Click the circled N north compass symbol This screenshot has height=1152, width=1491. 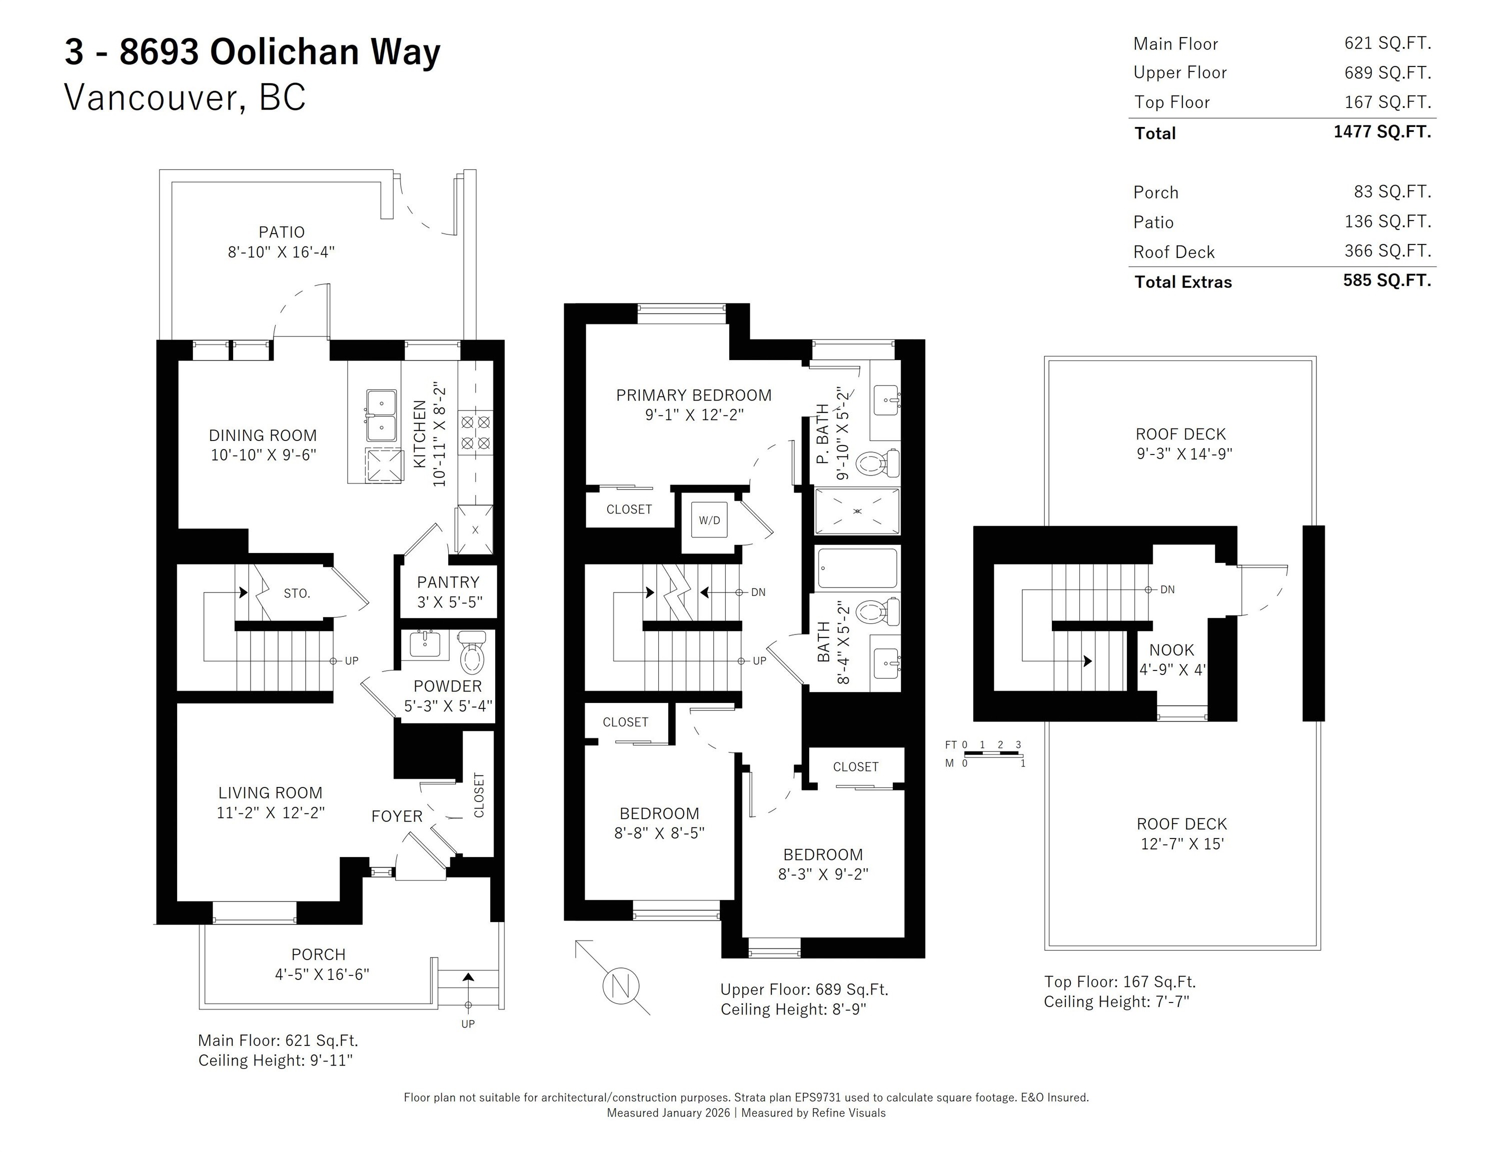click(621, 986)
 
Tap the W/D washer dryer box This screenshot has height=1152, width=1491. click(709, 520)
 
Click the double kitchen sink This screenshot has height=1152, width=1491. click(382, 415)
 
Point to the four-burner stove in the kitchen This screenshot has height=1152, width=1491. click(476, 432)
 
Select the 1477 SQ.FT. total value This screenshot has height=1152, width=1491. click(1382, 131)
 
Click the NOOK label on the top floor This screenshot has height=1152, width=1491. click(1171, 649)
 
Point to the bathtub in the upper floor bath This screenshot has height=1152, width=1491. click(857, 568)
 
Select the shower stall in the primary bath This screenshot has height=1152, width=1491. click(857, 511)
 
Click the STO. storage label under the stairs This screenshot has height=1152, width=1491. click(297, 593)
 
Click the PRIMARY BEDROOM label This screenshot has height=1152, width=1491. click(694, 395)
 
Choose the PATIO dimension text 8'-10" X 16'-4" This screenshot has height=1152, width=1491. click(281, 252)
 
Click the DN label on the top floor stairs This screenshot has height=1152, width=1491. click(1167, 589)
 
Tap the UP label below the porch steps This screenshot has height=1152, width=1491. click(468, 1023)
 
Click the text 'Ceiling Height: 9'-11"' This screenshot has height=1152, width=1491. click(275, 1060)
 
